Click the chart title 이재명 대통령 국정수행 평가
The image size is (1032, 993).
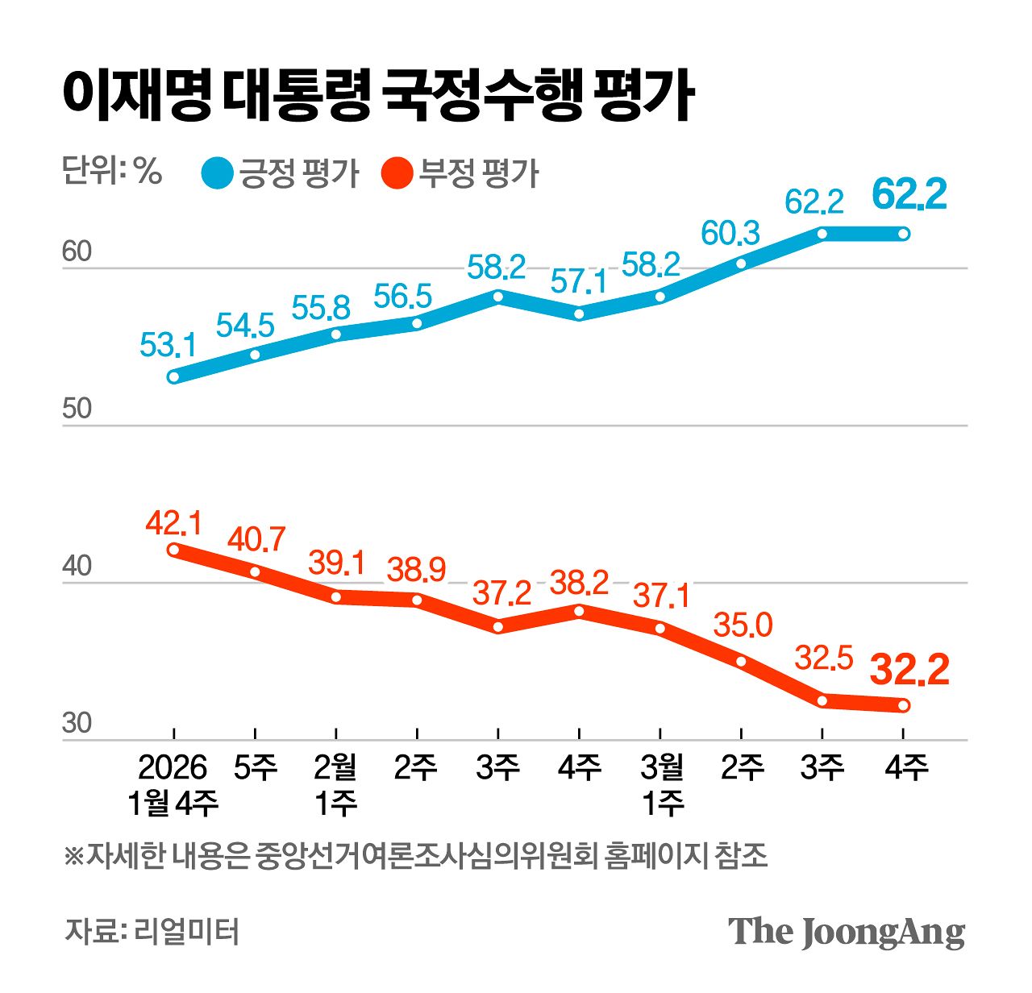tap(377, 97)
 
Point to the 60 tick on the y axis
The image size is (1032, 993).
tap(77, 252)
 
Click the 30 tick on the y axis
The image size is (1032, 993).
tap(77, 724)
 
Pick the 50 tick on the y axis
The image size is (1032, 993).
tap(77, 409)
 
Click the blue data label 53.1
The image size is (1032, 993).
tap(168, 346)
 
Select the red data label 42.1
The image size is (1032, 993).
tap(173, 523)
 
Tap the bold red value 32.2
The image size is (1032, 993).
tap(910, 671)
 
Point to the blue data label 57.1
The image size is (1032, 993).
tap(579, 282)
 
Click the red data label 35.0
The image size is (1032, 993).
tap(743, 625)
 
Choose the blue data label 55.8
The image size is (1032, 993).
tap(321, 307)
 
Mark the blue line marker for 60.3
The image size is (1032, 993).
tap(741, 263)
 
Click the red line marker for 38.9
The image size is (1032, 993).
tap(417, 600)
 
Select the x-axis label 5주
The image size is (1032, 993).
tap(255, 767)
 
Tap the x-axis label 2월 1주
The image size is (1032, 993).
tap(335, 784)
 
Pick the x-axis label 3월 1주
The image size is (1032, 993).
tap(661, 784)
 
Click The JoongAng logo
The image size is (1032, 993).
tap(847, 932)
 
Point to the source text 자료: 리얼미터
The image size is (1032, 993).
tap(152, 932)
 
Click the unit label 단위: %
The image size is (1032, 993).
tap(112, 171)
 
